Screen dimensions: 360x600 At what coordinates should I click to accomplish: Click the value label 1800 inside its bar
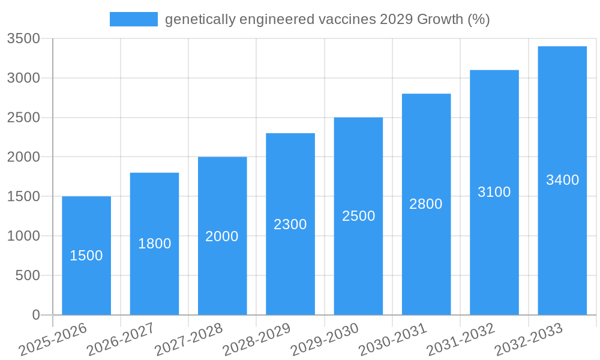pyautogui.click(x=155, y=244)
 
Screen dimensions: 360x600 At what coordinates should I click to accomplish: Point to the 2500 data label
pyautogui.click(x=359, y=216)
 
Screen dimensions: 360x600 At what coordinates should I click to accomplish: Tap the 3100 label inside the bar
pyautogui.click(x=494, y=192)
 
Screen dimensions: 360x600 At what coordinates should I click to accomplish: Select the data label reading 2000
pyautogui.click(x=222, y=236)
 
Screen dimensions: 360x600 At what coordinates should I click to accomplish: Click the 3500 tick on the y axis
pyautogui.click(x=23, y=39)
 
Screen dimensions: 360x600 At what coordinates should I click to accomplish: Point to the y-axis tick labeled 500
pyautogui.click(x=28, y=275)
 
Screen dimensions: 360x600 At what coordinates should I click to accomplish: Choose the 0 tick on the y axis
pyautogui.click(x=36, y=315)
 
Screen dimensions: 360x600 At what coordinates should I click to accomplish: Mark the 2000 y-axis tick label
pyautogui.click(x=23, y=157)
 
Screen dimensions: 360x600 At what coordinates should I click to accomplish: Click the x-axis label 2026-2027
pyautogui.click(x=121, y=340)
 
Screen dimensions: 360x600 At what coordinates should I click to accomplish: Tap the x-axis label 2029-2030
pyautogui.click(x=325, y=340)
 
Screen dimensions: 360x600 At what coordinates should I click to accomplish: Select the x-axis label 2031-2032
pyautogui.click(x=461, y=340)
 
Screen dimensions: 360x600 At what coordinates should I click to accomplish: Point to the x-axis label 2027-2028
pyautogui.click(x=188, y=340)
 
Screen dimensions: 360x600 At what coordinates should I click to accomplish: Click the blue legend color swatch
pyautogui.click(x=133, y=19)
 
